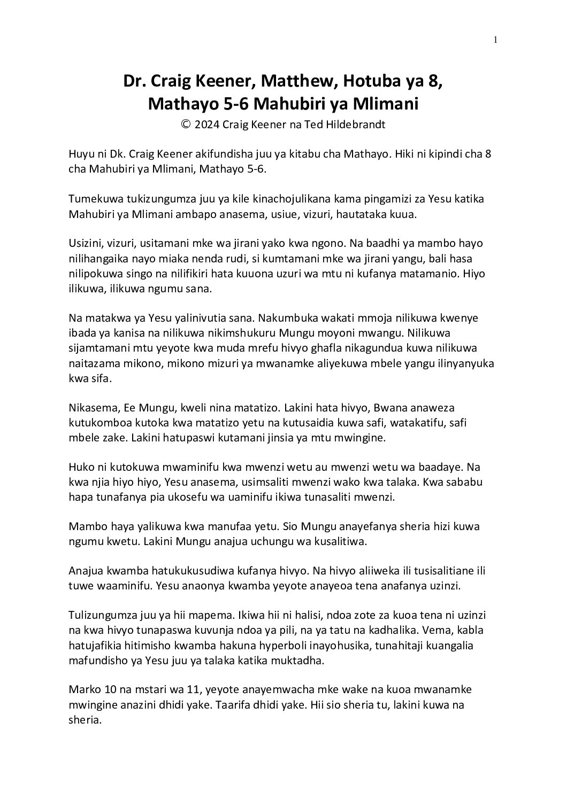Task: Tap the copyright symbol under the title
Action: [x=186, y=125]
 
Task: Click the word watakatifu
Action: [x=404, y=423]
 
